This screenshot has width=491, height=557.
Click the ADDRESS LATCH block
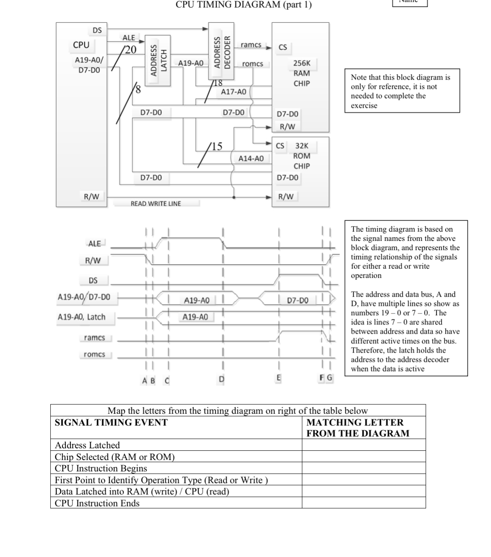tap(158, 60)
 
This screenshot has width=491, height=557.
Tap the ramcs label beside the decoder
tap(251, 45)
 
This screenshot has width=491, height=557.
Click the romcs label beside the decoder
tap(253, 64)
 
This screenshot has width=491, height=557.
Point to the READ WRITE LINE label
tap(156, 204)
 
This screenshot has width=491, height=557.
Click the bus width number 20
tap(131, 50)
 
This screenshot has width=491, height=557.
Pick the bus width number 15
tap(217, 146)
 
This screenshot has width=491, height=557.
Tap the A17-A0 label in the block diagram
tap(234, 92)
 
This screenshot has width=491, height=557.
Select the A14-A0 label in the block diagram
tap(251, 158)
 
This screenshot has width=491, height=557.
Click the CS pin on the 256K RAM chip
tap(283, 47)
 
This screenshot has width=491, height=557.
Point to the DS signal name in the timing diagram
tap(93, 280)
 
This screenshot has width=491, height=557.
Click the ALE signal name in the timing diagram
tap(95, 243)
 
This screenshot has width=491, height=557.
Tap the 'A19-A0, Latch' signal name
tap(81, 317)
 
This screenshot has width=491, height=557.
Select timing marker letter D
tap(222, 379)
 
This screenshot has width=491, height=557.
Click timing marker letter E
tap(278, 378)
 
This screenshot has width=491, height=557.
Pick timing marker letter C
tap(167, 380)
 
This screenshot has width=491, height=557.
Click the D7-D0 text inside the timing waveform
tap(298, 300)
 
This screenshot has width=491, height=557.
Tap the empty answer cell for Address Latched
tap(363, 445)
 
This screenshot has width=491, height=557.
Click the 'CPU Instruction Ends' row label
tap(97, 503)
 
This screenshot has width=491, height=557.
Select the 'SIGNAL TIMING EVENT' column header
tap(111, 423)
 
